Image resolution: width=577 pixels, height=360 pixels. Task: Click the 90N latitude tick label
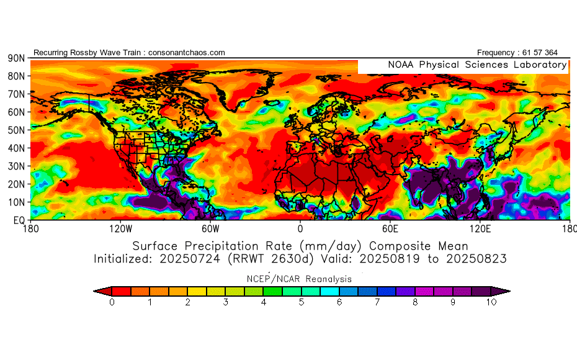[16, 58]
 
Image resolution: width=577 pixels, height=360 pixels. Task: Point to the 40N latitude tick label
[16, 148]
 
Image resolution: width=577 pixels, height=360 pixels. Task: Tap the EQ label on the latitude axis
[19, 220]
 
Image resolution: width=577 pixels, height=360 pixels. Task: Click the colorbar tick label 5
[302, 302]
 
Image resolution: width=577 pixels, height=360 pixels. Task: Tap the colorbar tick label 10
[491, 302]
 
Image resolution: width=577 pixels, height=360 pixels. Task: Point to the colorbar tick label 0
[112, 302]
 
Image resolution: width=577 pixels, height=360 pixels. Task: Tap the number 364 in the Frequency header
[550, 53]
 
